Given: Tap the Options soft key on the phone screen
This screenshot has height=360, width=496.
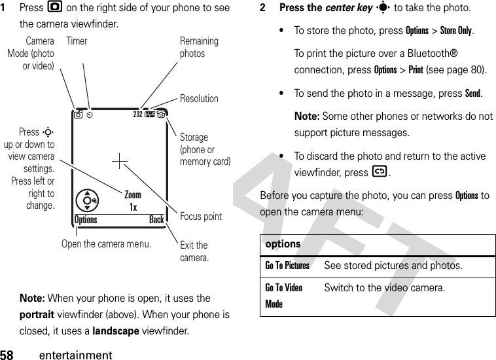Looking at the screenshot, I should pyautogui.click(x=86, y=220).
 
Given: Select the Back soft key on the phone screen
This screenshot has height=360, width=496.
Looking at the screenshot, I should pyautogui.click(x=156, y=220).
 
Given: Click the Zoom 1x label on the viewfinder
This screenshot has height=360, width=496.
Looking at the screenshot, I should pyautogui.click(x=133, y=201).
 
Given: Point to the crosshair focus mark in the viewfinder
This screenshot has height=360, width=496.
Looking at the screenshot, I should pyautogui.click(x=120, y=161).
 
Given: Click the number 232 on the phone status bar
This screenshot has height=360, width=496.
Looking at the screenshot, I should pyautogui.click(x=138, y=113).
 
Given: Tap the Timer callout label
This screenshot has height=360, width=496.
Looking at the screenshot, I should pyautogui.click(x=77, y=41).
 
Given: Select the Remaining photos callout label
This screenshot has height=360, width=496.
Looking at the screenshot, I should pyautogui.click(x=199, y=47).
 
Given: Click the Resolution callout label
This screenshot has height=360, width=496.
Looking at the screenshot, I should pyautogui.click(x=199, y=99).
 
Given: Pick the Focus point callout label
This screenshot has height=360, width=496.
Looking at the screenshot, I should pyautogui.click(x=201, y=216).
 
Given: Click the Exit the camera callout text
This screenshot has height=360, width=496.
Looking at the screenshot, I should pyautogui.click(x=194, y=251).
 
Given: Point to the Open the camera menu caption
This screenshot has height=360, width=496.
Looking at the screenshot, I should pyautogui.click(x=106, y=243).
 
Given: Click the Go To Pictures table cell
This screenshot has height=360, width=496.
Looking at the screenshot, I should pyautogui.click(x=287, y=265).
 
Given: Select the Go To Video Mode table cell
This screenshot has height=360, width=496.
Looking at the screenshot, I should pyautogui.click(x=284, y=296).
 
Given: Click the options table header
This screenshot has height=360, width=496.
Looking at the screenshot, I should pyautogui.click(x=283, y=243).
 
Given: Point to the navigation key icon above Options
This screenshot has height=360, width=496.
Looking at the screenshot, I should pyautogui.click(x=86, y=200).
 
